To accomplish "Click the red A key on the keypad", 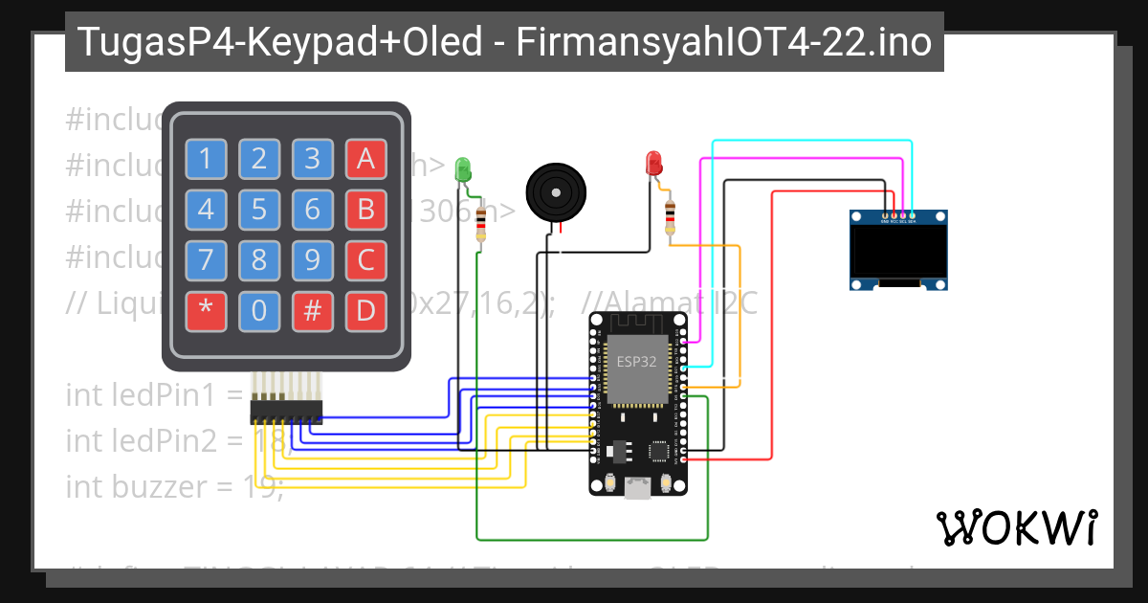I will (364, 160).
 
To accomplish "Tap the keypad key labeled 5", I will (258, 209).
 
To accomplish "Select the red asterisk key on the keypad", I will (205, 310).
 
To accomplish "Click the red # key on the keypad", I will (311, 310).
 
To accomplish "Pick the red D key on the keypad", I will (364, 310).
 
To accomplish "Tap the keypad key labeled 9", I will (311, 259).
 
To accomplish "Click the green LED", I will (463, 168).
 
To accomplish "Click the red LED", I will (654, 162).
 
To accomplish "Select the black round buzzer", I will (556, 191).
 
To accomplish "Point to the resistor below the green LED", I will (480, 226).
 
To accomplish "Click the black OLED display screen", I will (899, 248).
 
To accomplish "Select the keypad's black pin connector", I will (286, 411).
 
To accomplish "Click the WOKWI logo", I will (1016, 527).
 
